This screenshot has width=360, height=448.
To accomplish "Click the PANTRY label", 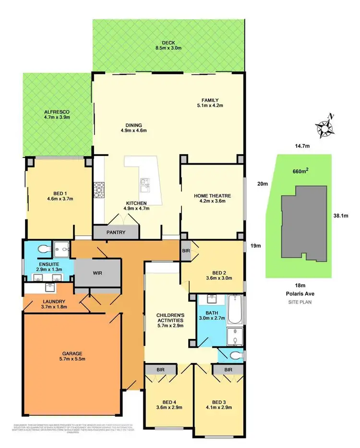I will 116,232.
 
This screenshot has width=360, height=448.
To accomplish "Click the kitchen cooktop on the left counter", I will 99,190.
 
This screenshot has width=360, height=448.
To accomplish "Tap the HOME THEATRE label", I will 213,195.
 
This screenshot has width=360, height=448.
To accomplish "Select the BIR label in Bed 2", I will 186,250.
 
